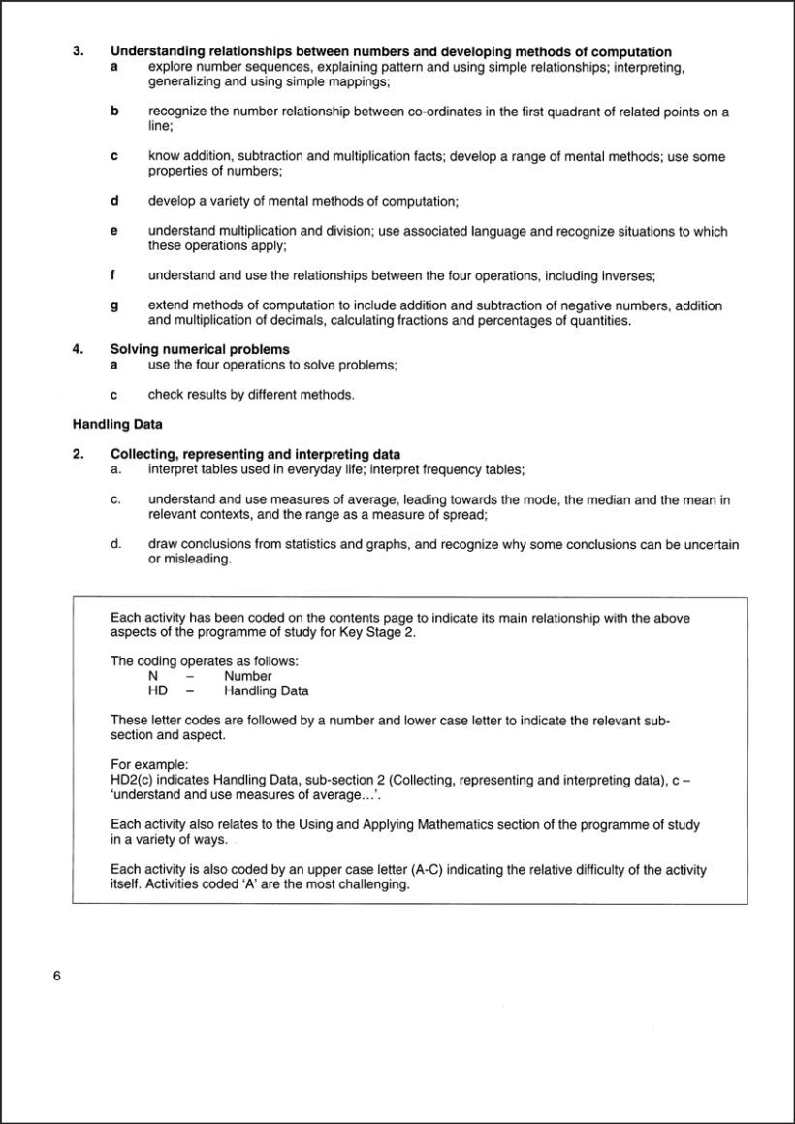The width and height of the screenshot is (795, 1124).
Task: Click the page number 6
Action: point(57,976)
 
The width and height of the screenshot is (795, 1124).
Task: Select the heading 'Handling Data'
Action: point(117,424)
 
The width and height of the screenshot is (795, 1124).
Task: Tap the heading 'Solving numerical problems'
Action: point(200,349)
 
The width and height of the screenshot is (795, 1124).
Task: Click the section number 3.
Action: point(78,51)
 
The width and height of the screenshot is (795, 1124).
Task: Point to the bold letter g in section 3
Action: point(114,305)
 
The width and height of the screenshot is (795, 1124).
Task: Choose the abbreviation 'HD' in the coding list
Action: point(157,691)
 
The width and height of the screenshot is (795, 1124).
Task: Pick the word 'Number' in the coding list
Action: point(248,676)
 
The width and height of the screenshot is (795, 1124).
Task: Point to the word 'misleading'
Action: point(200,560)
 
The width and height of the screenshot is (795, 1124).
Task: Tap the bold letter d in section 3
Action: point(114,201)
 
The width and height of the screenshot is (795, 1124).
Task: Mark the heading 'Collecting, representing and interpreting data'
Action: point(255,454)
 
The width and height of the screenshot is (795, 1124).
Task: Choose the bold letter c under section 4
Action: point(114,395)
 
